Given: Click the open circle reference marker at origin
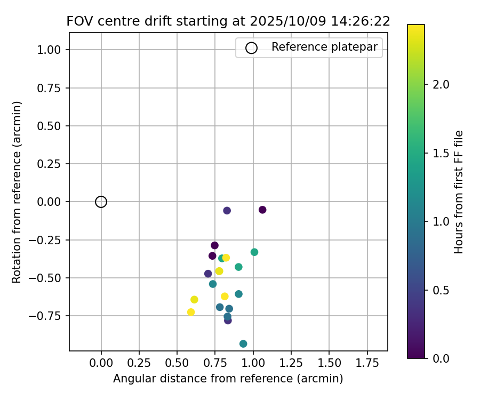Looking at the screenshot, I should click(x=101, y=202).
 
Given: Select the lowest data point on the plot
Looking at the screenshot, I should click(x=243, y=344).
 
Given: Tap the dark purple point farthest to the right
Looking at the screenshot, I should click(x=262, y=210).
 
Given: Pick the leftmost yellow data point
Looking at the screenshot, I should click(x=191, y=312).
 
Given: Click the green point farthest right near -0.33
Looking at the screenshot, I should click(x=254, y=252).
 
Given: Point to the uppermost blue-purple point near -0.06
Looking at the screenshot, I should click(x=227, y=211).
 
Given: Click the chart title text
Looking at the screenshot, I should click(x=228, y=21).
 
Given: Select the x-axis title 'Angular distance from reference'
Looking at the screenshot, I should click(x=228, y=379).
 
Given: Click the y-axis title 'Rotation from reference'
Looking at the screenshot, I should click(x=17, y=192).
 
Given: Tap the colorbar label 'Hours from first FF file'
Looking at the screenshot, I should click(x=459, y=192).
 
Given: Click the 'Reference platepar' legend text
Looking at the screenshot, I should click(x=324, y=47).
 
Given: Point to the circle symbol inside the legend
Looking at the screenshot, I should click(x=251, y=47).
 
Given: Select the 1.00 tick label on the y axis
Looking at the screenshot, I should click(x=50, y=50).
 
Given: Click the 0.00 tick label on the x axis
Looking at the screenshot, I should click(x=101, y=363).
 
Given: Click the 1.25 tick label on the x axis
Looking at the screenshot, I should click(x=291, y=363).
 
